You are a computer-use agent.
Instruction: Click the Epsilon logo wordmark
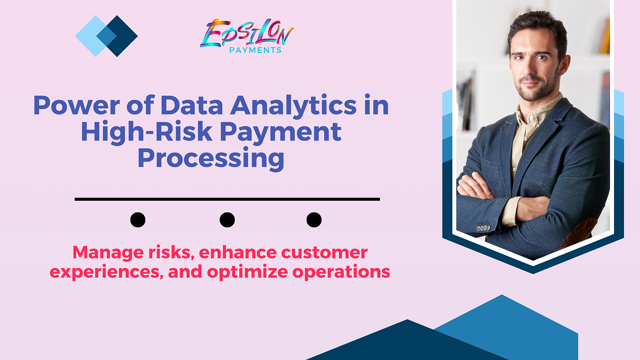click(x=246, y=33)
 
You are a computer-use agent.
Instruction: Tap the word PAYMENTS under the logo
click(x=255, y=50)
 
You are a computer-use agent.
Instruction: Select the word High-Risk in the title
click(x=128, y=132)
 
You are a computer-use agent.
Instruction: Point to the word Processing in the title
click(x=211, y=158)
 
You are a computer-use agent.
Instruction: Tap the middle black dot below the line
click(x=227, y=220)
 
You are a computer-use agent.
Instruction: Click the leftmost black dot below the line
click(x=138, y=220)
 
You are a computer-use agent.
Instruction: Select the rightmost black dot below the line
click(x=314, y=220)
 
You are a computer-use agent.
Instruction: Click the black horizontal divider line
click(x=227, y=199)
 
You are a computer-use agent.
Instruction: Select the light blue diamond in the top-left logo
click(x=90, y=36)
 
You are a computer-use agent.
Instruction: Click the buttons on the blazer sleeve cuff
click(x=483, y=228)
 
